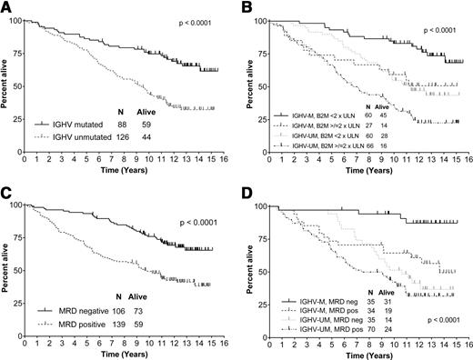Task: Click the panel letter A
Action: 6,6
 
